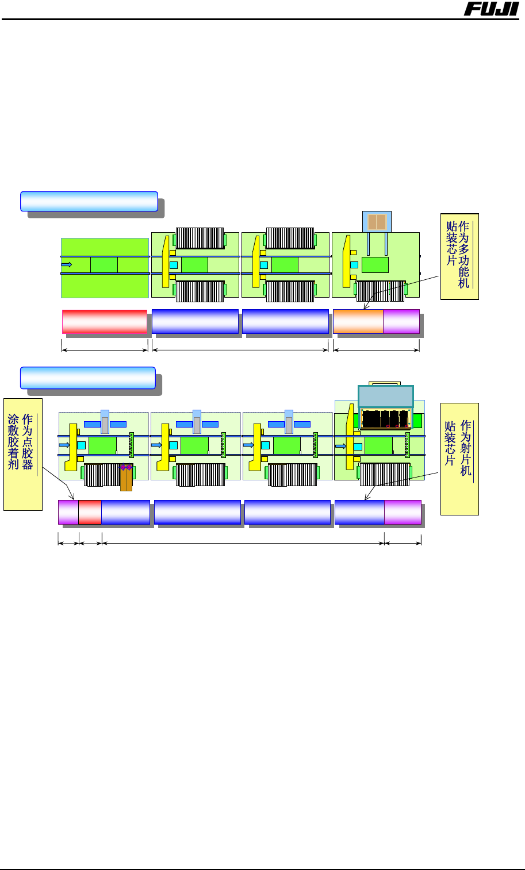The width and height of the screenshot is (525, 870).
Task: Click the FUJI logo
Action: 491,9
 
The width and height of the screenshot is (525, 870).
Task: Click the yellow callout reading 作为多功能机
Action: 459,256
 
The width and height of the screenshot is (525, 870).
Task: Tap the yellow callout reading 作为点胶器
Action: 23,454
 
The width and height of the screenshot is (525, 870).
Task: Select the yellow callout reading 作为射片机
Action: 459,459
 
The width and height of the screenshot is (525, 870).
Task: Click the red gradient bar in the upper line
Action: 104,321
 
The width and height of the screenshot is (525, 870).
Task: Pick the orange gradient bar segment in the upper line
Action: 358,321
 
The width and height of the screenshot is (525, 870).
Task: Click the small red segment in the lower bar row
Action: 90,512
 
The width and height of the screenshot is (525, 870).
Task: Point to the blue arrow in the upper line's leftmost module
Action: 67,264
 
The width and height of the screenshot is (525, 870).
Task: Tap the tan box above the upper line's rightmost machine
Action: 377,222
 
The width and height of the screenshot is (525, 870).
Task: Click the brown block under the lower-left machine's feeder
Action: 126,479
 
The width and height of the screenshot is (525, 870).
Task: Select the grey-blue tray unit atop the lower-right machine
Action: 385,396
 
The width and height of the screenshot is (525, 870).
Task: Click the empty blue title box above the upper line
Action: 89,201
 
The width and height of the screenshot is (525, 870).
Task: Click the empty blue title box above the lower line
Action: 88,378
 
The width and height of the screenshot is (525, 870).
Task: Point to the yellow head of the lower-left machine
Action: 73,446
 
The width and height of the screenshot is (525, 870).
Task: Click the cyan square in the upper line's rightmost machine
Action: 354,265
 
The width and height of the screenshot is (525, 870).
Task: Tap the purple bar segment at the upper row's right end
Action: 401,321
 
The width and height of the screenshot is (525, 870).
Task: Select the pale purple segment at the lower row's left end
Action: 68,512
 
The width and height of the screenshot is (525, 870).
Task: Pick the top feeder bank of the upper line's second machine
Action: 200,238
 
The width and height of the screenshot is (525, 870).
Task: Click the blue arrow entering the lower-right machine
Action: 341,445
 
